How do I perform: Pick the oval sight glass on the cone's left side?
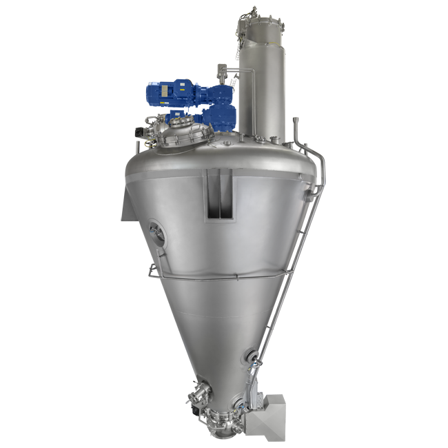point(156,234)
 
